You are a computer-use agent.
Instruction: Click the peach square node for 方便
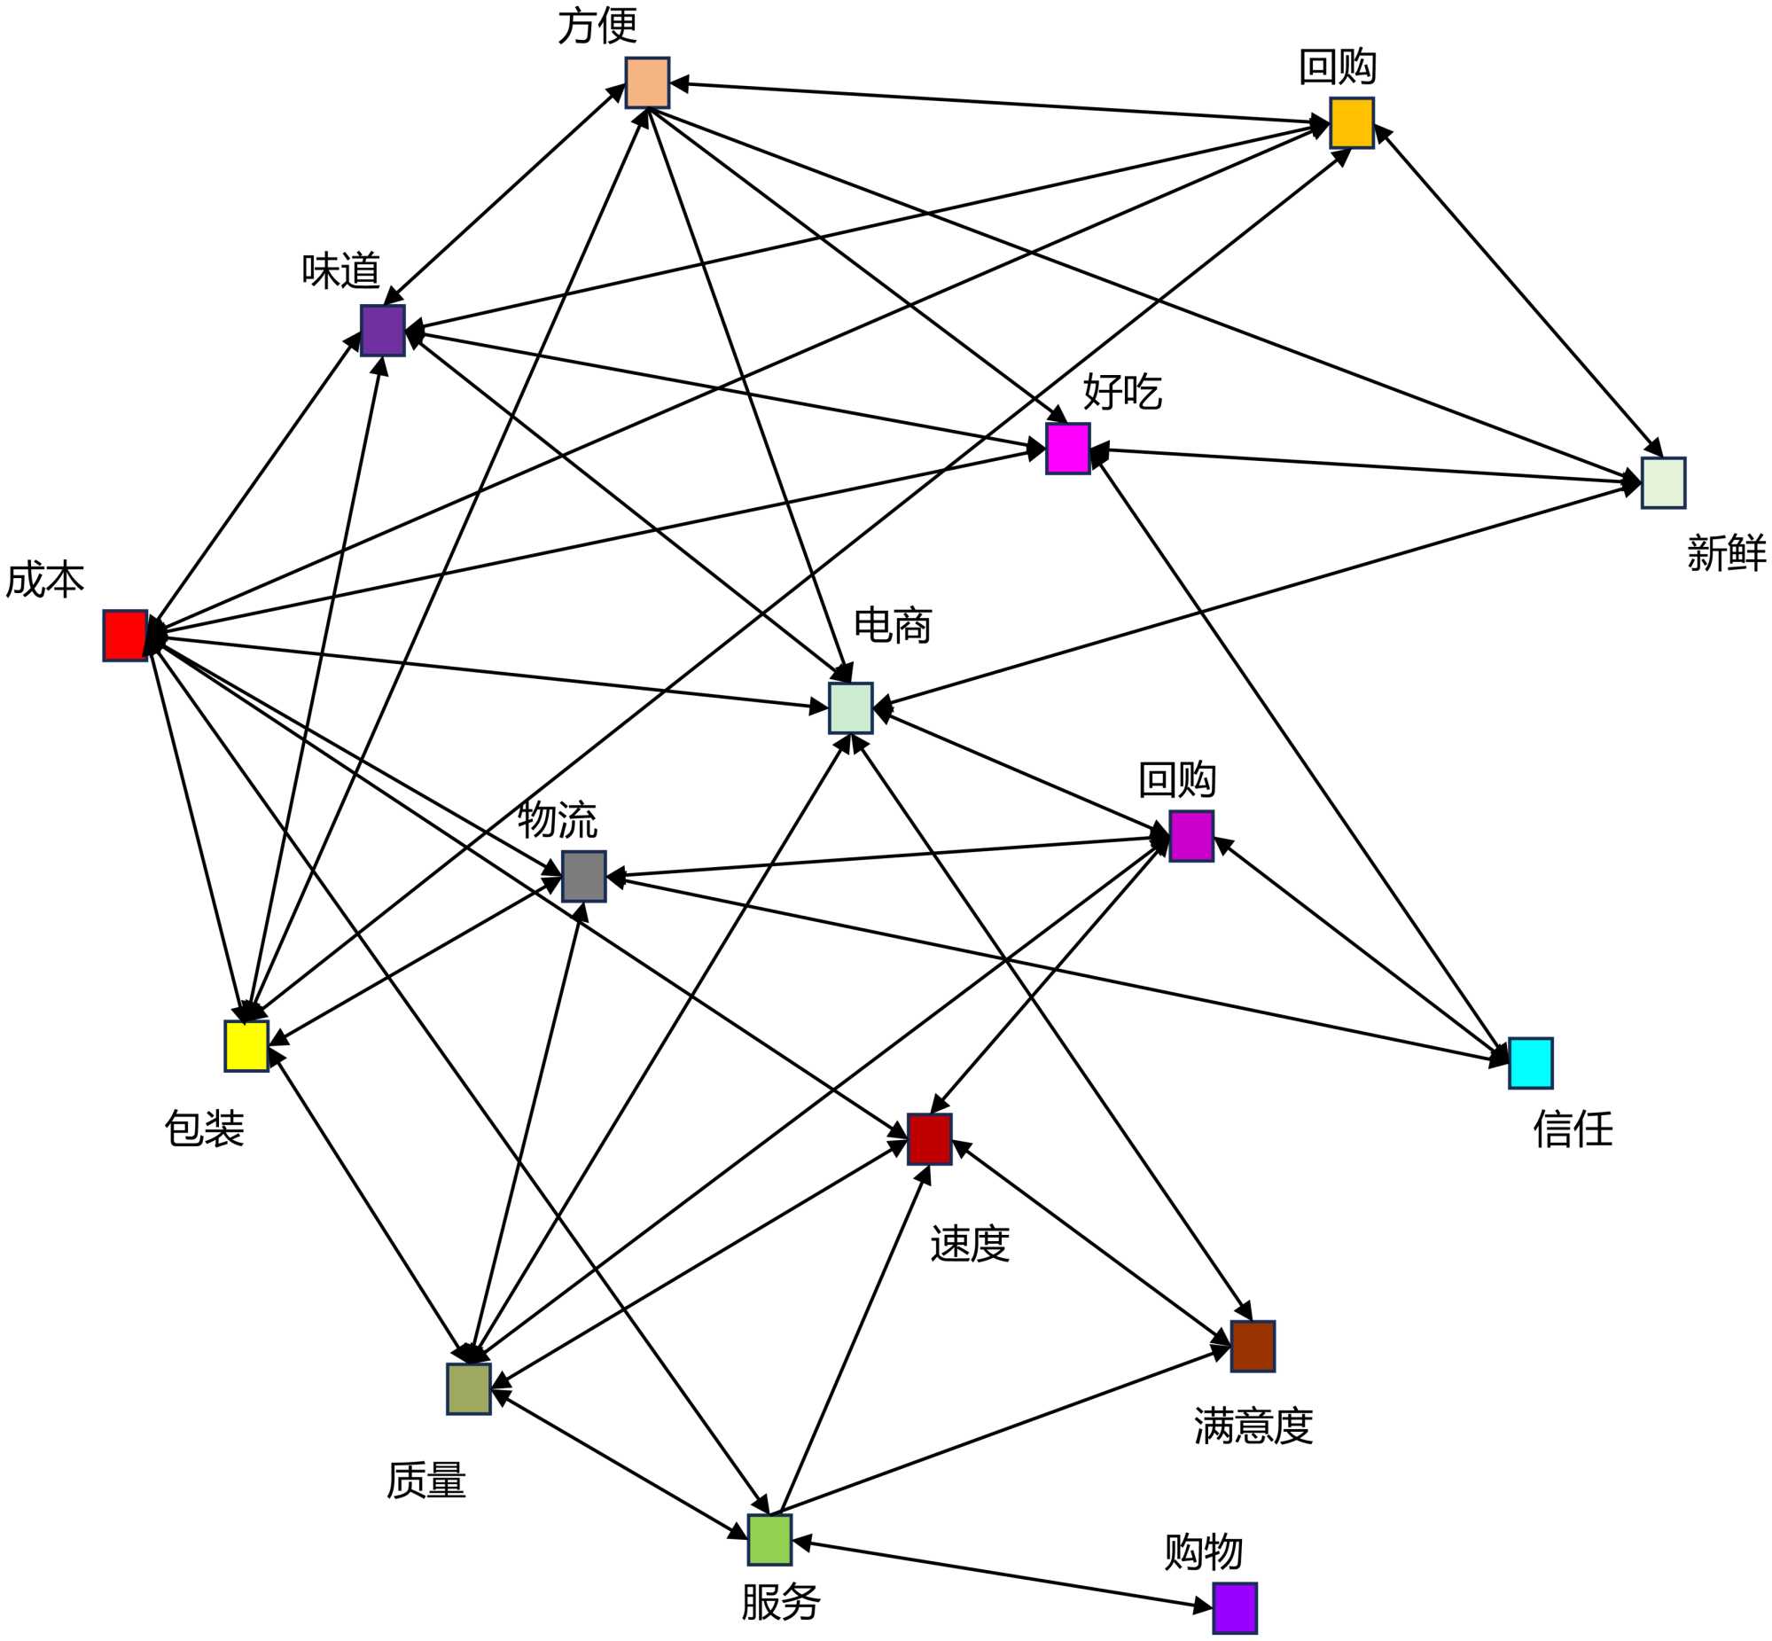(647, 82)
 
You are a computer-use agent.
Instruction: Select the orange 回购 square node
(1351, 122)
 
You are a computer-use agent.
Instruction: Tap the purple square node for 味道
(383, 331)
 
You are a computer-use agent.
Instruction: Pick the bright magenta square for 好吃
(1068, 449)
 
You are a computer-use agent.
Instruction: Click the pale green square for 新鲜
(1663, 483)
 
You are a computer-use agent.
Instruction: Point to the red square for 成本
(125, 635)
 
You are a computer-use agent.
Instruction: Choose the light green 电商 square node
(850, 707)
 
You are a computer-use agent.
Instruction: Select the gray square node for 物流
(584, 877)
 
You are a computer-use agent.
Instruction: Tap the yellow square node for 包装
(246, 1046)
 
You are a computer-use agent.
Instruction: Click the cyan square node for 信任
(1531, 1063)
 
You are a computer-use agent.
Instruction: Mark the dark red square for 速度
(930, 1138)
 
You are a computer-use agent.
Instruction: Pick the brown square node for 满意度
(1253, 1346)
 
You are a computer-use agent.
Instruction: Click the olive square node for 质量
(469, 1389)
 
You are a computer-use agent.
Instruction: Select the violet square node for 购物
(1235, 1608)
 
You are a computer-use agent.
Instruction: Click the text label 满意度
(1253, 1426)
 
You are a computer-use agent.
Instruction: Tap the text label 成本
(44, 580)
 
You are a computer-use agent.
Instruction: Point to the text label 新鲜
(1726, 553)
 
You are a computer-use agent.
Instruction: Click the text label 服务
(780, 1602)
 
